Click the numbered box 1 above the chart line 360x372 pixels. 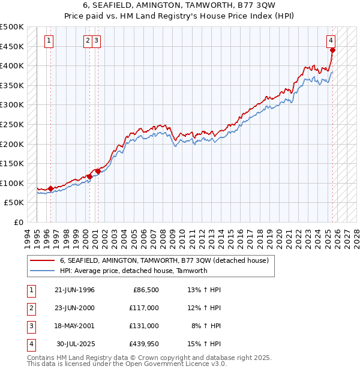pyautogui.click(x=49, y=41)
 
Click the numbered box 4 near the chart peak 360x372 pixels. pyautogui.click(x=331, y=41)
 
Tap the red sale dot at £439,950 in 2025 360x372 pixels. pyautogui.click(x=332, y=50)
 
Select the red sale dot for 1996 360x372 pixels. pyautogui.click(x=50, y=188)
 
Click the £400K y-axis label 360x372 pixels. pyautogui.click(x=12, y=66)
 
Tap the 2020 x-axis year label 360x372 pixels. pyautogui.click(x=279, y=237)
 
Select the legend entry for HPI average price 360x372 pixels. pyautogui.click(x=133, y=271)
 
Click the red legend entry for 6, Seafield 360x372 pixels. pyautogui.click(x=167, y=260)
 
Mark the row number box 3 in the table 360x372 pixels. pyautogui.click(x=31, y=326)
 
